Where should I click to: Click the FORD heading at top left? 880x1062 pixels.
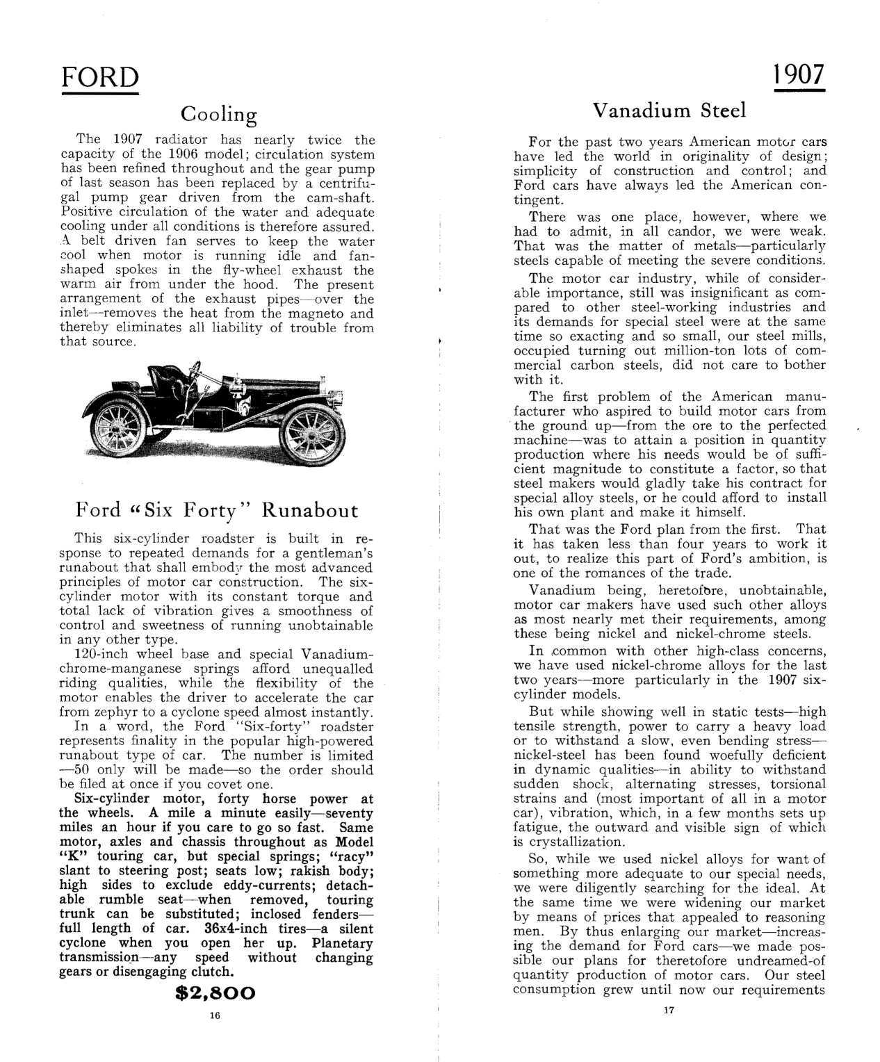pos(100,77)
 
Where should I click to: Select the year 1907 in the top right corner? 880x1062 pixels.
pos(799,74)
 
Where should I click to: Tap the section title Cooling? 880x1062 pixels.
pos(218,113)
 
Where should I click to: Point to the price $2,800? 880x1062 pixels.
pos(216,992)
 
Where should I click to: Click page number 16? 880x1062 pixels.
pos(214,1015)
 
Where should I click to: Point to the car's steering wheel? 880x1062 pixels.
pos(195,368)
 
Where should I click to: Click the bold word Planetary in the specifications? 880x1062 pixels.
pos(342,943)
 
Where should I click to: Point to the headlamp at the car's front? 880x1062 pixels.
pos(324,384)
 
